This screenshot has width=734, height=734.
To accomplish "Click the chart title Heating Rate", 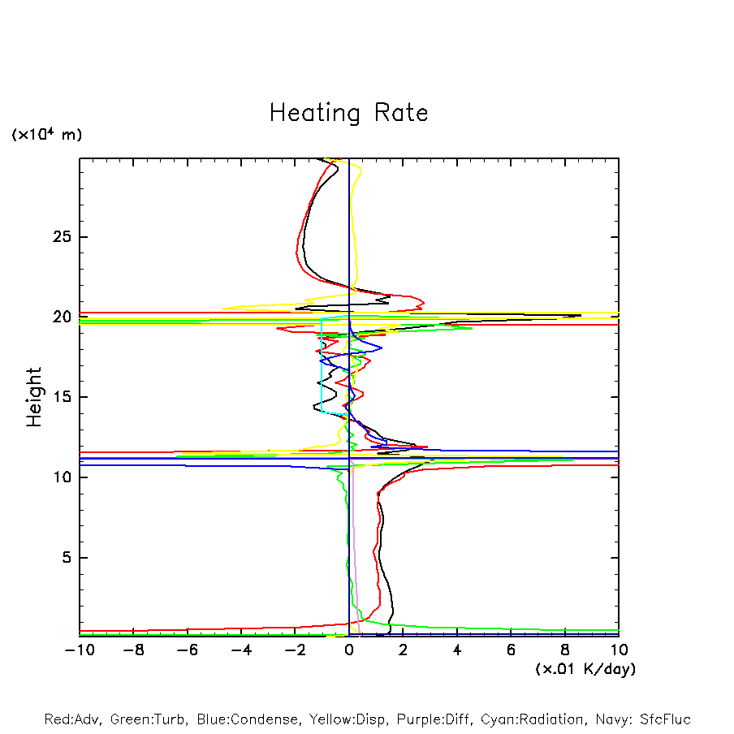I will point(348,113).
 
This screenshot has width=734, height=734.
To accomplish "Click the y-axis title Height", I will point(33,397).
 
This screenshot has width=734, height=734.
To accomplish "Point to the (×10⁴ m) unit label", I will point(46,135).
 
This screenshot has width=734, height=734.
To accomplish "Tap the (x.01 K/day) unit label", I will point(585,669).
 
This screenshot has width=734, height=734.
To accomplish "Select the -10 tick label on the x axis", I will point(79,650).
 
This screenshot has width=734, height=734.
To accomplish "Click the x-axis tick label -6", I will point(187,650).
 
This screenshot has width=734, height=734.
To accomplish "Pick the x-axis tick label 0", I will point(349,650).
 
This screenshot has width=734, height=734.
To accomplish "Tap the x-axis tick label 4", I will point(457,650).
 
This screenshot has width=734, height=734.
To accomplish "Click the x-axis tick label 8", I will point(565,650).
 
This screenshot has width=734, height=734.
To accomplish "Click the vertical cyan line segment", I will point(322,365).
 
